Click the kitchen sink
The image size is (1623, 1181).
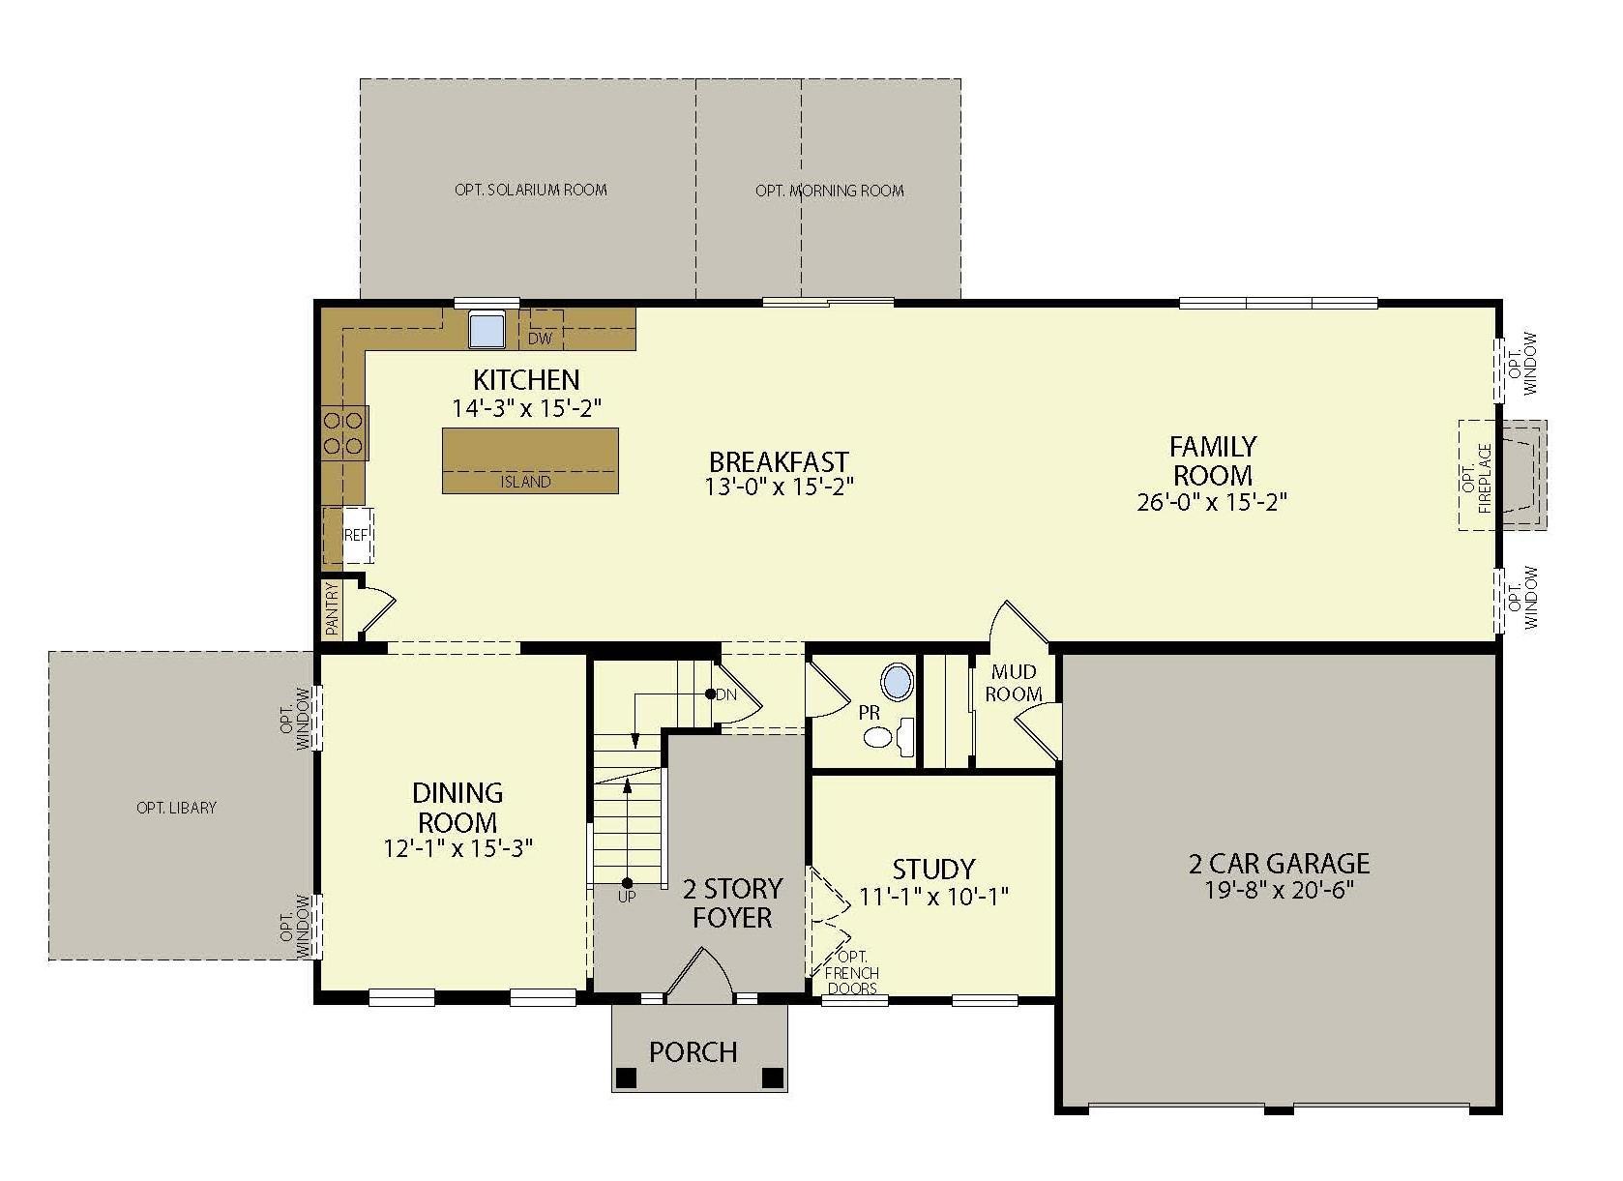487,329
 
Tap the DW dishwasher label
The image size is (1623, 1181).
540,339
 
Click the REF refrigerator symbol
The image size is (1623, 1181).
356,534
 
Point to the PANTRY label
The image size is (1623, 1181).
332,609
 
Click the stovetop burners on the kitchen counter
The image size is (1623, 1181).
343,432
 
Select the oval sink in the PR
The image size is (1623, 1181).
899,682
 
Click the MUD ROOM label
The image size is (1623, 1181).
1015,683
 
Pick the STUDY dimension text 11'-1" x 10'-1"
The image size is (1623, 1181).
933,897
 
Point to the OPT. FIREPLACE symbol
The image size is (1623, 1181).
1501,475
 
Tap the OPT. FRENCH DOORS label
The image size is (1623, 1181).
852,973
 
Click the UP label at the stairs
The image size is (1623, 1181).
628,898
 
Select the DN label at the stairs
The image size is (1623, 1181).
726,694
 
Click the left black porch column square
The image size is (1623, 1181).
627,1077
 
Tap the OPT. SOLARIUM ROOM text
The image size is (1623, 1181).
531,190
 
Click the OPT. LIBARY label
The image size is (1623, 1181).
177,808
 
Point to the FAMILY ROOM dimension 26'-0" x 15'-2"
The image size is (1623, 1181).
1212,502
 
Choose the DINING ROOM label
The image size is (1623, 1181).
457,808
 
